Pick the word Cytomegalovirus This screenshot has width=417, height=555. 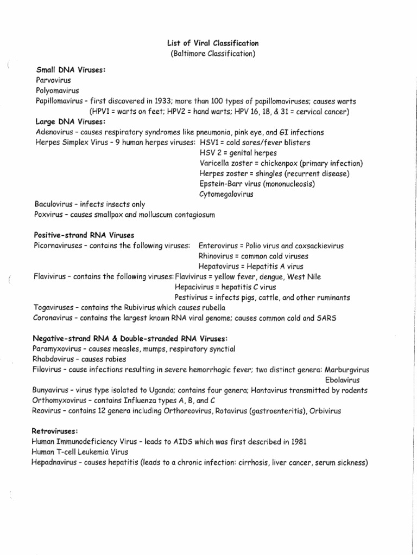[226, 193]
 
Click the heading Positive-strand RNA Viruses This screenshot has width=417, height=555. [84, 235]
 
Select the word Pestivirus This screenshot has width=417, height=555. [192, 297]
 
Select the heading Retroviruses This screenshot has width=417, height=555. [56, 431]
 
